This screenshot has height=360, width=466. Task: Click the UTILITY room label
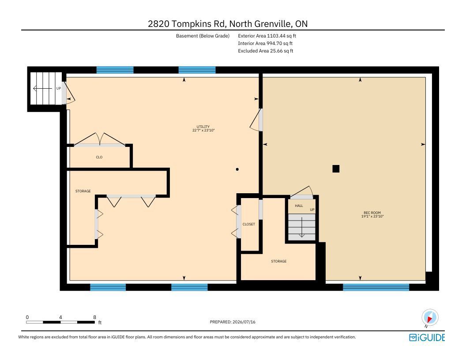[x=203, y=127]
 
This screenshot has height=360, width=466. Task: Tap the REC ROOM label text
[x=372, y=213]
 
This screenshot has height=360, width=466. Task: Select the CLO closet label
[x=99, y=157]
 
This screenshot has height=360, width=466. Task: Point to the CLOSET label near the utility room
[x=249, y=224]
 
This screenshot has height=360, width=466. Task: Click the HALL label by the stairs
[x=299, y=206]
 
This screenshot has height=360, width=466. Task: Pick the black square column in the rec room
[x=336, y=169]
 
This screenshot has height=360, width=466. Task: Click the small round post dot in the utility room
[x=237, y=169]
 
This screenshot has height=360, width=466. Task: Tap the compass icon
[x=430, y=318]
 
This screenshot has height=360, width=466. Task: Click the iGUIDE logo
[x=427, y=337]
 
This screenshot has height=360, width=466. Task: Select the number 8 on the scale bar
[x=94, y=317]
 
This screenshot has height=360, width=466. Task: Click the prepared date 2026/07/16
[x=244, y=322]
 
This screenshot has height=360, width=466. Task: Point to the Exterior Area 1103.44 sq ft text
[x=267, y=36]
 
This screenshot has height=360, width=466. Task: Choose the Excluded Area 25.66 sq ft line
[x=265, y=51]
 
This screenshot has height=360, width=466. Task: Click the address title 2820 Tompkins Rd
[x=188, y=24]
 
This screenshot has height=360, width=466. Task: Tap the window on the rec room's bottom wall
[x=376, y=287]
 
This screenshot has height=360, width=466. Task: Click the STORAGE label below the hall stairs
[x=279, y=261]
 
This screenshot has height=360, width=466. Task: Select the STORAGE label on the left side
[x=83, y=191]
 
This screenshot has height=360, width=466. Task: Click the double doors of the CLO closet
[x=100, y=140]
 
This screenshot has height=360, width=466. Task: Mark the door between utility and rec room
[x=256, y=120]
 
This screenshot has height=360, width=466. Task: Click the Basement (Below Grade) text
[x=203, y=36]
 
